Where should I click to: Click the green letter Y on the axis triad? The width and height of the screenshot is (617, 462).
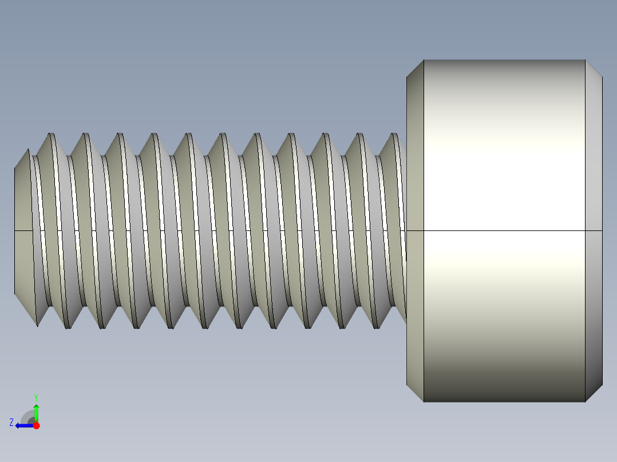35,397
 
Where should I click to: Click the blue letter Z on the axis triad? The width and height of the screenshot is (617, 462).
11,423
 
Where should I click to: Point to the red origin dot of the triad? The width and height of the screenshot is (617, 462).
36,425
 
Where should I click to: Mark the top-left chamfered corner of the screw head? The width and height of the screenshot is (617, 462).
415,68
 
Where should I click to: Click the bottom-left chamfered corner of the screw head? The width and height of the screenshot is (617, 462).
415,393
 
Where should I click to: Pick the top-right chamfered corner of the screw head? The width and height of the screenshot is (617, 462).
594,68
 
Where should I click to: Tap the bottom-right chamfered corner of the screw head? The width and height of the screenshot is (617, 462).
594,393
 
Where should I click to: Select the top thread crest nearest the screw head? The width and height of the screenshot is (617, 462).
394,135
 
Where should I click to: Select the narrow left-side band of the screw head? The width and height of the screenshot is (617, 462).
415,172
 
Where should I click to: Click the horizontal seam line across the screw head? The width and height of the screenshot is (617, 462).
504,231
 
